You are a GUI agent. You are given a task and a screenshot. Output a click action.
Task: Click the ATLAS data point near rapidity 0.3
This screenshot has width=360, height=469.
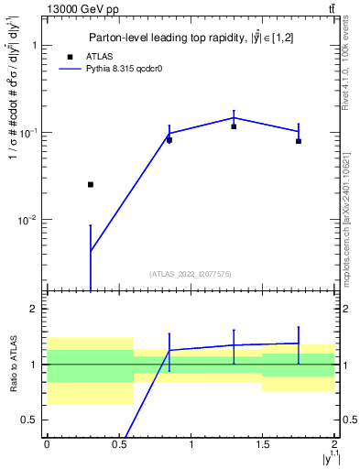pyautogui.click(x=90, y=184)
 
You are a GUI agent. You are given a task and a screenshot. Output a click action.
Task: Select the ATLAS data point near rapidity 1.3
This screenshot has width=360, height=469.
pyautogui.click(x=234, y=126)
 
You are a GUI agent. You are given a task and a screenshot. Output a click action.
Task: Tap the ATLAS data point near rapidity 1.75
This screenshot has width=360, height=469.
pyautogui.click(x=299, y=141)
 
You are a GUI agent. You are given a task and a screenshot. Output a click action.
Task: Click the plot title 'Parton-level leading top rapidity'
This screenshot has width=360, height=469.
pyautogui.click(x=188, y=38)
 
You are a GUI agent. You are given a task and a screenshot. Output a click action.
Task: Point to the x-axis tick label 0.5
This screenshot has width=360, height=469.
pyautogui.click(x=118, y=443)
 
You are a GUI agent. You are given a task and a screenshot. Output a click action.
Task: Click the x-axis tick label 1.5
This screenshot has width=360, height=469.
pyautogui.click(x=263, y=443)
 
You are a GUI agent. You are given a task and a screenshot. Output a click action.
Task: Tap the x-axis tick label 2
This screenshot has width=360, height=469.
pyautogui.click(x=334, y=443)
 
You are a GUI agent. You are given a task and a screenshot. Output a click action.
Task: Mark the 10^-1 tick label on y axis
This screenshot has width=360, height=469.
pyautogui.click(x=27, y=133)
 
